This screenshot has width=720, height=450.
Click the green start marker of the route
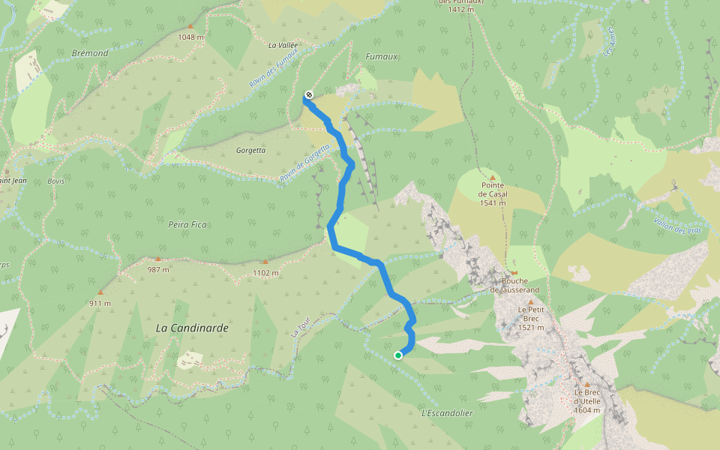pos(398,355)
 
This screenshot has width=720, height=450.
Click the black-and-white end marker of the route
pos(308,94)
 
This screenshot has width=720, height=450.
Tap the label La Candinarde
pos(192,328)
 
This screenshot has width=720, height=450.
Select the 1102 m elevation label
pos(265,273)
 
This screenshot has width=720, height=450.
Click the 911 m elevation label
pos(99,303)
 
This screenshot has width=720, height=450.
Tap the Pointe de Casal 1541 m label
pos(493,193)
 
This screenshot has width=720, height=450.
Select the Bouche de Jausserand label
pos(514,285)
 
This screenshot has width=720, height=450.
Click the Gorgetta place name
pos(250,150)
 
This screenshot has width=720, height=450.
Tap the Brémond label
pos(91,53)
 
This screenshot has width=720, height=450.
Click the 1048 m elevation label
pos(191,37)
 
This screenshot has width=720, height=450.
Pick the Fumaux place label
pos(381,57)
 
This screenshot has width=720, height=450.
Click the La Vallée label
pos(283,45)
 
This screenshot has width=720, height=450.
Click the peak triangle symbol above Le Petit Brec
pos(530,301)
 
